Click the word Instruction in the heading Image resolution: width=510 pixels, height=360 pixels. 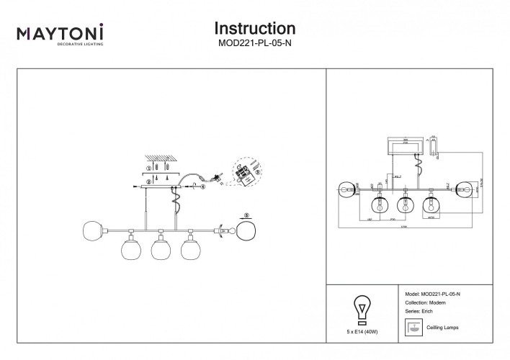pos(255,28)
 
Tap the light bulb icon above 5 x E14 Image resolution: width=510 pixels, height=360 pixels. pos(362,309)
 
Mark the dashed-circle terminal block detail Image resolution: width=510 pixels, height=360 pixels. pos(245,172)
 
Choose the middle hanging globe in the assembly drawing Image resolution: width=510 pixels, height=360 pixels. pos(160,249)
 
